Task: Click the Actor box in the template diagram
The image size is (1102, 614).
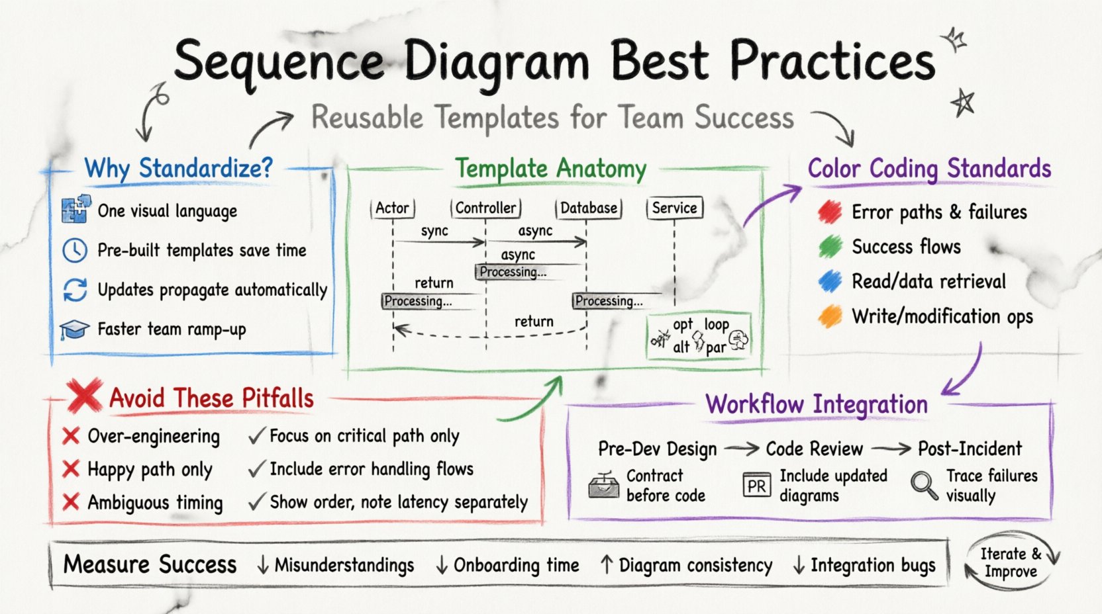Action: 392,208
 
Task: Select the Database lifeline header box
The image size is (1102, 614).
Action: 588,208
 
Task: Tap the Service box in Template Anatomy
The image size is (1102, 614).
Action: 674,208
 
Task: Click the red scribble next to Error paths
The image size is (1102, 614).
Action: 829,212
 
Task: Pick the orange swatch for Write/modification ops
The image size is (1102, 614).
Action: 829,316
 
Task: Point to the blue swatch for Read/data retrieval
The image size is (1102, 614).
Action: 829,281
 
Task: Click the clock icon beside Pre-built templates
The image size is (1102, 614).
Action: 75,250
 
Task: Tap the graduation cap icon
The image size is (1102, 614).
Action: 74,329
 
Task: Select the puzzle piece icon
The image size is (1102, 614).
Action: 75,209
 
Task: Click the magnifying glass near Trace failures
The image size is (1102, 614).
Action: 924,485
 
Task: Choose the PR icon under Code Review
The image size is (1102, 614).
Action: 756,486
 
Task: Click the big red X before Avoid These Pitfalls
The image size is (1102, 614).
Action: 85,396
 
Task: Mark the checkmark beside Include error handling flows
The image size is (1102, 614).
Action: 257,469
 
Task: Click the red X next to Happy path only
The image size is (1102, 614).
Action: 71,469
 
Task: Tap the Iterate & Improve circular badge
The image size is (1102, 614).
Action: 1011,562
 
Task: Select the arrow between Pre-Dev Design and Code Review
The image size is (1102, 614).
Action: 741,449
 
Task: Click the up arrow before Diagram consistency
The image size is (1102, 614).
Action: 606,564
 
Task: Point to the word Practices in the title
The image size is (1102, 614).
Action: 832,61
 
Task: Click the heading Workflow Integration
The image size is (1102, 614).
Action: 816,404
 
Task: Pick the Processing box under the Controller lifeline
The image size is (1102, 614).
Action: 511,272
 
